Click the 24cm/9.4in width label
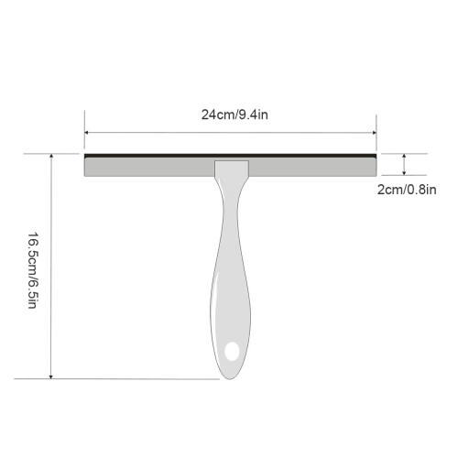tap(234, 114)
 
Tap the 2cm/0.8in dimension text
tap(407, 190)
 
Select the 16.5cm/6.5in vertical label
tap(33, 270)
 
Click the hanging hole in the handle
tap(232, 351)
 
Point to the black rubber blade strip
tap(230, 156)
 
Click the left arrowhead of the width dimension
tap(86, 133)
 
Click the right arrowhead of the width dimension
tap(375, 133)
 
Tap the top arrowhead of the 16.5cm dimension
tap(51, 156)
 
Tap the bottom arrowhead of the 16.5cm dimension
tap(51, 376)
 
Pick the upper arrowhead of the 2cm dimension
tap(404, 156)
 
